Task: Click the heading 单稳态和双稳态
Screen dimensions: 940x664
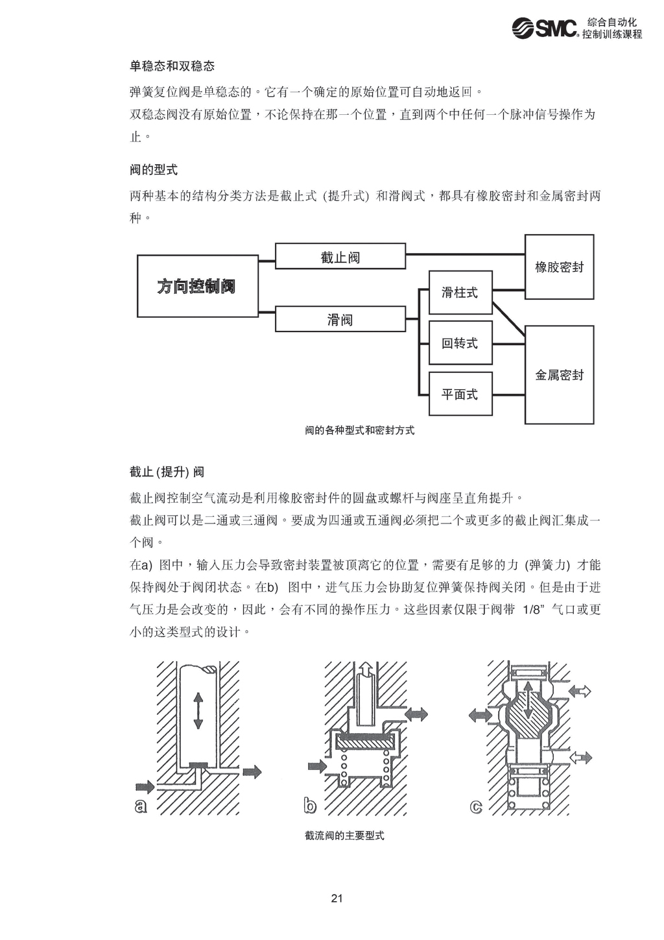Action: pyautogui.click(x=172, y=66)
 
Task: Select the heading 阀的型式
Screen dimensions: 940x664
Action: pyautogui.click(x=154, y=170)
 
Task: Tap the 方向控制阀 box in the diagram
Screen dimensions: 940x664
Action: pyautogui.click(x=197, y=286)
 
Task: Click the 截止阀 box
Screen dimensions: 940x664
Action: pyautogui.click(x=340, y=257)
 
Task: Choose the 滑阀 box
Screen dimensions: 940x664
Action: pyautogui.click(x=340, y=319)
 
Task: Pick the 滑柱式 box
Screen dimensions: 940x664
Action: pyautogui.click(x=460, y=293)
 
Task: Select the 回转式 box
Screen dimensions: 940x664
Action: pyautogui.click(x=460, y=343)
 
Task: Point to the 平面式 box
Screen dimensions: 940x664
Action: pyautogui.click(x=460, y=394)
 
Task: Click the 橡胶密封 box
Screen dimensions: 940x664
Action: pyautogui.click(x=559, y=267)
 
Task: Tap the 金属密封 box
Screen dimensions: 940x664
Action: pyautogui.click(x=559, y=375)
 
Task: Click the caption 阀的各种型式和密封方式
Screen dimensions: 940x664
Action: pyautogui.click(x=359, y=430)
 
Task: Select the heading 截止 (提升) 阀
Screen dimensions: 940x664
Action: pyautogui.click(x=167, y=472)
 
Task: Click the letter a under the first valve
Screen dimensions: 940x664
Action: pyautogui.click(x=141, y=805)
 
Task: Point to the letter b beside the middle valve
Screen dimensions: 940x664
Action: pyautogui.click(x=310, y=805)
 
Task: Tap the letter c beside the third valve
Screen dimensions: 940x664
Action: pyautogui.click(x=477, y=806)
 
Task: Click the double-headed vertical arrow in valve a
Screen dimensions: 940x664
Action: pyautogui.click(x=198, y=711)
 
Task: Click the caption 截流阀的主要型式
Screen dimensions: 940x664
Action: pyautogui.click(x=344, y=836)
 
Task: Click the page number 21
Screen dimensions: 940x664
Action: pyautogui.click(x=337, y=898)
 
